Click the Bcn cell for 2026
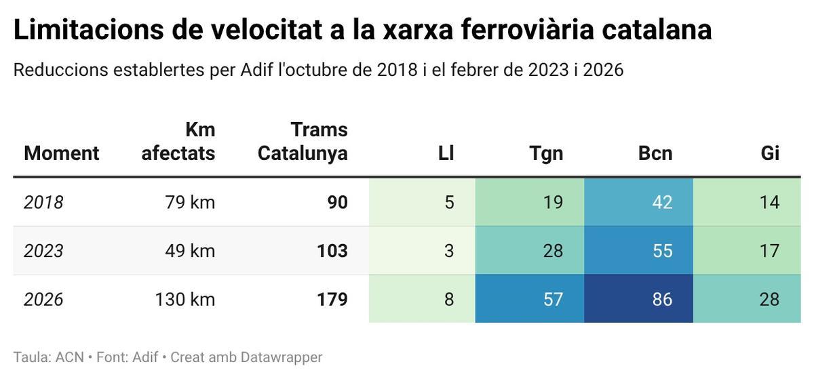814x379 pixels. tap(661, 299)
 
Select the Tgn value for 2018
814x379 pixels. tap(553, 202)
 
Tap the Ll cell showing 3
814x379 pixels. tap(449, 251)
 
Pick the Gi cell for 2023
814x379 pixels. tap(769, 251)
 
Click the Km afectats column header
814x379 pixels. tap(178, 141)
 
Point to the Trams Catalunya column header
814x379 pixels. tap(303, 141)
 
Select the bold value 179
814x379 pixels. tap(332, 299)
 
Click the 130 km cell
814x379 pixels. tap(185, 299)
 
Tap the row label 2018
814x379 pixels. tap(43, 202)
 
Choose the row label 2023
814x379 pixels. tap(43, 251)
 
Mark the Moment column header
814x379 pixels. tap(61, 153)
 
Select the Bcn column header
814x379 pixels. tap(655, 153)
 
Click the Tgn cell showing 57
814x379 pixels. tap(553, 299)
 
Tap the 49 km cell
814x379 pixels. tap(189, 251)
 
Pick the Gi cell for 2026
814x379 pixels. tap(769, 299)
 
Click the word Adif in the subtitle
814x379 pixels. tap(256, 70)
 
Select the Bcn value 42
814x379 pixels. tap(661, 202)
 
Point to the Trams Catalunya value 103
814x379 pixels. tap(332, 251)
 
